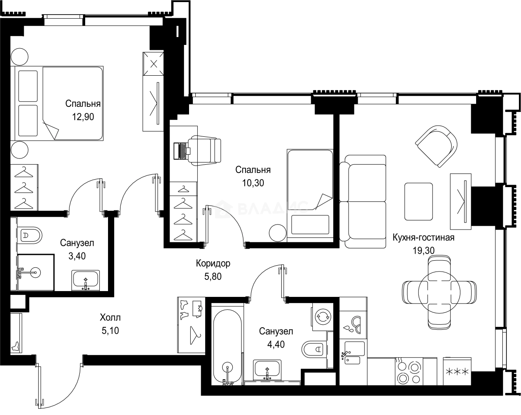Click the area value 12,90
[82, 117]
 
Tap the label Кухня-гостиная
[423, 237]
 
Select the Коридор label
[213, 263]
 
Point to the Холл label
[110, 318]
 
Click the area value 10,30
[253, 183]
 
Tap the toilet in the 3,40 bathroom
[30, 235]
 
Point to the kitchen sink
[353, 353]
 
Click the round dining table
[439, 290]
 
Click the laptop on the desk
[182, 151]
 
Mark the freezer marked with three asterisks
[457, 371]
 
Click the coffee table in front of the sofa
[419, 201]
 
